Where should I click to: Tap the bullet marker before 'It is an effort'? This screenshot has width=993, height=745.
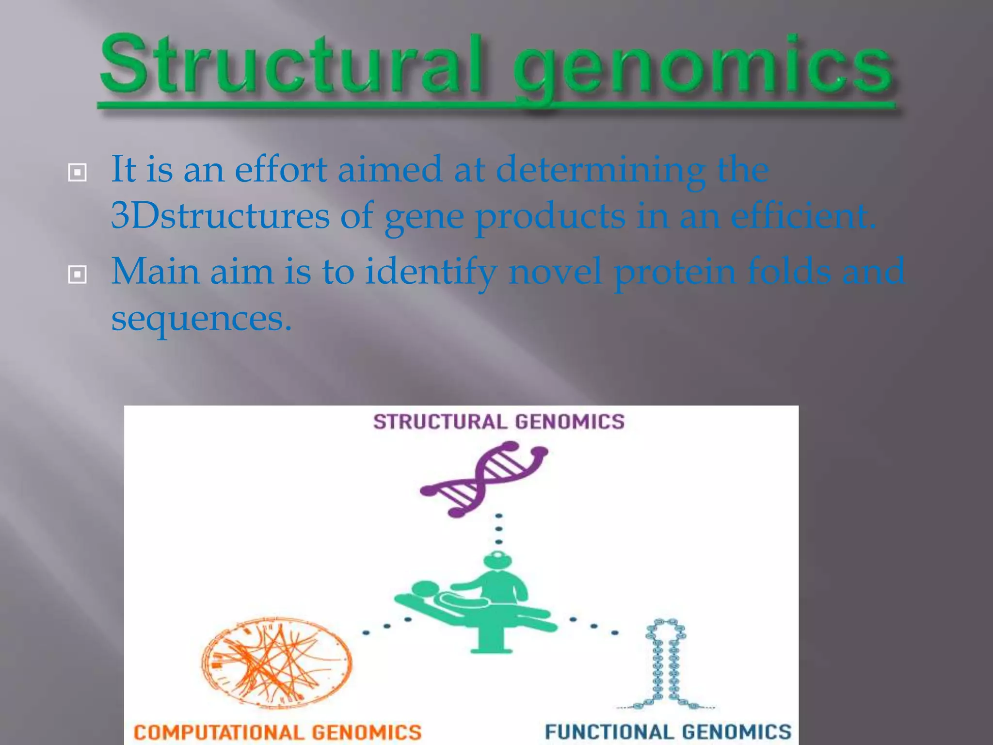[x=78, y=173]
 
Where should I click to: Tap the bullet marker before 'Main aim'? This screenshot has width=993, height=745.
[x=78, y=275]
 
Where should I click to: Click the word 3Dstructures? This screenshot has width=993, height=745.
[x=220, y=216]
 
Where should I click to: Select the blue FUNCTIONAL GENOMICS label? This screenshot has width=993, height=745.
[x=668, y=732]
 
